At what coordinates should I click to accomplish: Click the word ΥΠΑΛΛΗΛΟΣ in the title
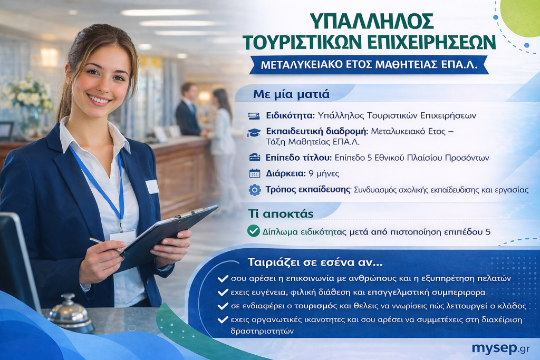[x=372, y=21]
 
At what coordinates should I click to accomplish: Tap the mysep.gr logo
[x=501, y=348]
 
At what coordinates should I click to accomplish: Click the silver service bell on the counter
[x=71, y=313]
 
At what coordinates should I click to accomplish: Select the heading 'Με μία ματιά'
[x=291, y=94]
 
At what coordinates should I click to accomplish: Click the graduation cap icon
[x=254, y=132]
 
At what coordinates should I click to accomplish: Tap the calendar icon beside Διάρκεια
[x=255, y=173]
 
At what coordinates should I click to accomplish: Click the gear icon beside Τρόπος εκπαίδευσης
[x=255, y=190]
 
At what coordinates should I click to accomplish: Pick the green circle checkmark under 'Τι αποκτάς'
[x=254, y=231]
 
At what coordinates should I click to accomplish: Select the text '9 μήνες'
[x=324, y=173]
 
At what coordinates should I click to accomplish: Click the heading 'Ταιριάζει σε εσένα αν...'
[x=315, y=262]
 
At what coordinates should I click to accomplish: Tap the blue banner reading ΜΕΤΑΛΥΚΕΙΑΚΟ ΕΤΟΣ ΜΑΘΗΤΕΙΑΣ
[x=369, y=65]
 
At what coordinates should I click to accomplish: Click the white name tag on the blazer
[x=152, y=187]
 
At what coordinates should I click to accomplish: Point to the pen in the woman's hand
[x=107, y=245]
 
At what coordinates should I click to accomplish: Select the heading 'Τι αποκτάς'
[x=281, y=213]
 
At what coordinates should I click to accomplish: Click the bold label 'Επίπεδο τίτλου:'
[x=298, y=158]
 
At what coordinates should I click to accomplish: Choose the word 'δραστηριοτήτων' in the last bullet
[x=262, y=332]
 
